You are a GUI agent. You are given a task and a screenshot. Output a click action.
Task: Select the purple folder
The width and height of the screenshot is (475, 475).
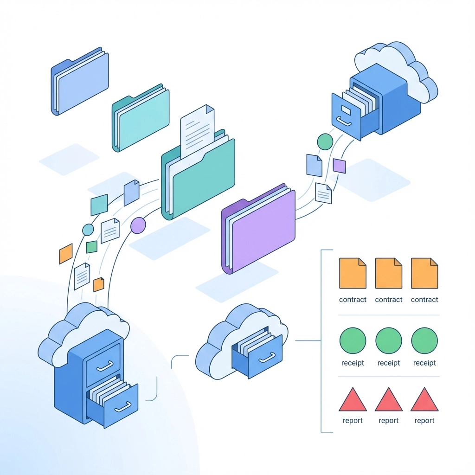coord(263,230)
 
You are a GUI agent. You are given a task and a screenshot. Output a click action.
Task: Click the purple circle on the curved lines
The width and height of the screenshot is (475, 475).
coord(138,225)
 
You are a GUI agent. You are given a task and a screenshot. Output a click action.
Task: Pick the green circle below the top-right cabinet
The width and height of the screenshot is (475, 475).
coord(325,141)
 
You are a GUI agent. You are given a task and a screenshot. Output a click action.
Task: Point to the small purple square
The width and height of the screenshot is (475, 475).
coord(340,166)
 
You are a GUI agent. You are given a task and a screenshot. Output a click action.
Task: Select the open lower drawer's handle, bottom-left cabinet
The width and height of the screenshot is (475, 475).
coord(122,407)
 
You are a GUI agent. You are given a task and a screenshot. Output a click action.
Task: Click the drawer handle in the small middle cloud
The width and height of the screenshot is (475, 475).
coord(268,358)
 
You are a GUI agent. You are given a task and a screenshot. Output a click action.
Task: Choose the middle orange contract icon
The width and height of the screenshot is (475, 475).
coord(389,274)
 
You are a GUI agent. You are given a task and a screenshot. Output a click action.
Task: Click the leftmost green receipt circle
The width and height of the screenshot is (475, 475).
coord(353,340)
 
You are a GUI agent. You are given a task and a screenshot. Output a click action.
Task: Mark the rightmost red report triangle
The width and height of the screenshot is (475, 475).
coord(424,400)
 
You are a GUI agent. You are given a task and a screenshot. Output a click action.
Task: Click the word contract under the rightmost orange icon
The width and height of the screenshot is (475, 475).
coord(424,300)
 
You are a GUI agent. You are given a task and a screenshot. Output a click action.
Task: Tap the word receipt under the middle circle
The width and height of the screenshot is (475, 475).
coord(389,363)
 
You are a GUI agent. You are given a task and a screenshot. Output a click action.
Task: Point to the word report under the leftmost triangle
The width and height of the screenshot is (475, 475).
coord(353,421)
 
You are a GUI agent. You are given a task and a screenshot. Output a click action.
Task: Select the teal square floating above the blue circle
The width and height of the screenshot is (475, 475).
coord(99,205)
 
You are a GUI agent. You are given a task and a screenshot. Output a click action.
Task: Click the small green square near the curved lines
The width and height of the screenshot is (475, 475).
coord(92,247)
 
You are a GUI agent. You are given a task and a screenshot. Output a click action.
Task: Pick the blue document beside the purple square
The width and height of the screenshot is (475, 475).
coord(314,165)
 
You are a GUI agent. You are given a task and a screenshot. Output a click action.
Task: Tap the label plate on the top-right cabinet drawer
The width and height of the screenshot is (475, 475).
coord(346,109)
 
